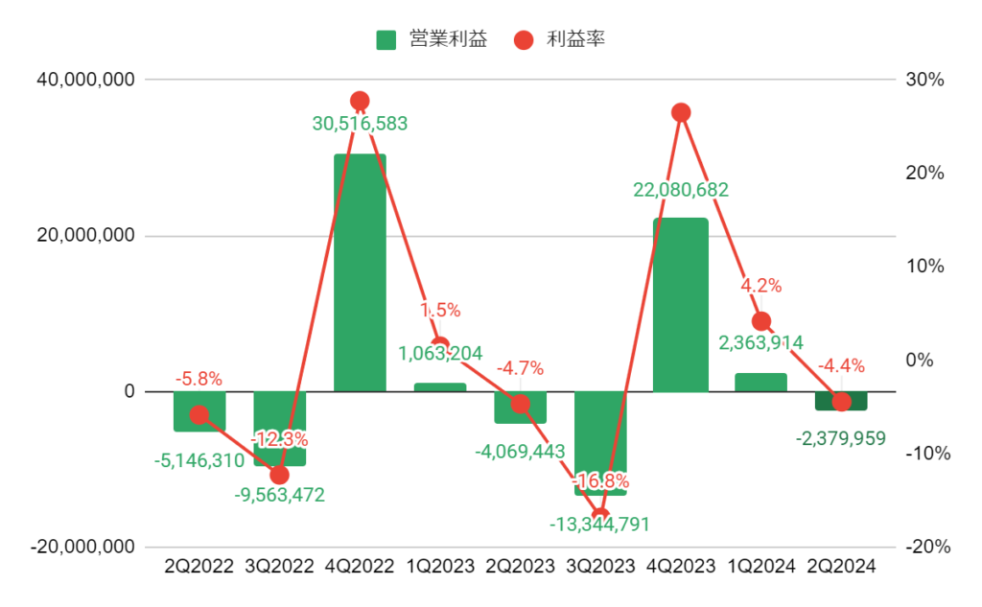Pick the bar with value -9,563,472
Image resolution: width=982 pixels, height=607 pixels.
coord(280,428)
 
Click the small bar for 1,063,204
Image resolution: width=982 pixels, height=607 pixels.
coord(440,386)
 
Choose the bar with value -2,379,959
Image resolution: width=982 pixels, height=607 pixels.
coord(841,401)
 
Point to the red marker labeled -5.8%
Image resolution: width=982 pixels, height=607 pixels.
coord(199,414)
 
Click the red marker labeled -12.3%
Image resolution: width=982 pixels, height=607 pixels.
coord(280,475)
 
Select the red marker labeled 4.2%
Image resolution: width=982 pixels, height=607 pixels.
coord(761,321)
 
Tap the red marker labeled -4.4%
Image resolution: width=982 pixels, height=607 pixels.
coord(841,402)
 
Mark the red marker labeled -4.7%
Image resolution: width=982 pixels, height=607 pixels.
coord(521,404)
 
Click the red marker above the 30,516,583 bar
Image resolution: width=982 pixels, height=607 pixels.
coord(360,101)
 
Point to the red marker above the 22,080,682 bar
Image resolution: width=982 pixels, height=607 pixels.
coord(681,112)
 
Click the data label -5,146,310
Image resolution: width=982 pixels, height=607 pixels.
coord(199,461)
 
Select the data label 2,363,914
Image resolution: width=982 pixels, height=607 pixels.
coord(760,342)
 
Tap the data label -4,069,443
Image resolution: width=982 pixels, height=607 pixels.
coord(520,451)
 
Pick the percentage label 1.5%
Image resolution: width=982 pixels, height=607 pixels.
coord(440,310)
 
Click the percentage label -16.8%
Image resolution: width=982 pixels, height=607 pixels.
coord(599,480)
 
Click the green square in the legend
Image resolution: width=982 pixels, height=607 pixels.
coord(386,40)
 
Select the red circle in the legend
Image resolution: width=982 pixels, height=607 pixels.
coord(524,40)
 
